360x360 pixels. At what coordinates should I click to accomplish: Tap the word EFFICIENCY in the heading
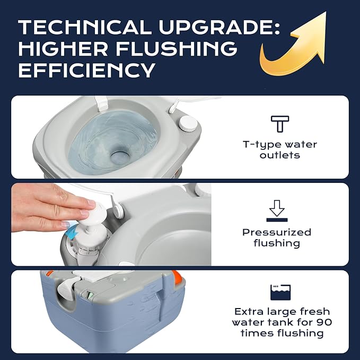(x=87, y=69)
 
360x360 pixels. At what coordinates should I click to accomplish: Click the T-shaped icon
(x=279, y=124)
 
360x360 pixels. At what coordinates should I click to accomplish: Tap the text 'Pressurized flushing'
(x=277, y=238)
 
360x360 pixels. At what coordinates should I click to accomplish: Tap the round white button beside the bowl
(x=187, y=124)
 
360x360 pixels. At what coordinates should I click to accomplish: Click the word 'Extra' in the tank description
(x=249, y=311)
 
